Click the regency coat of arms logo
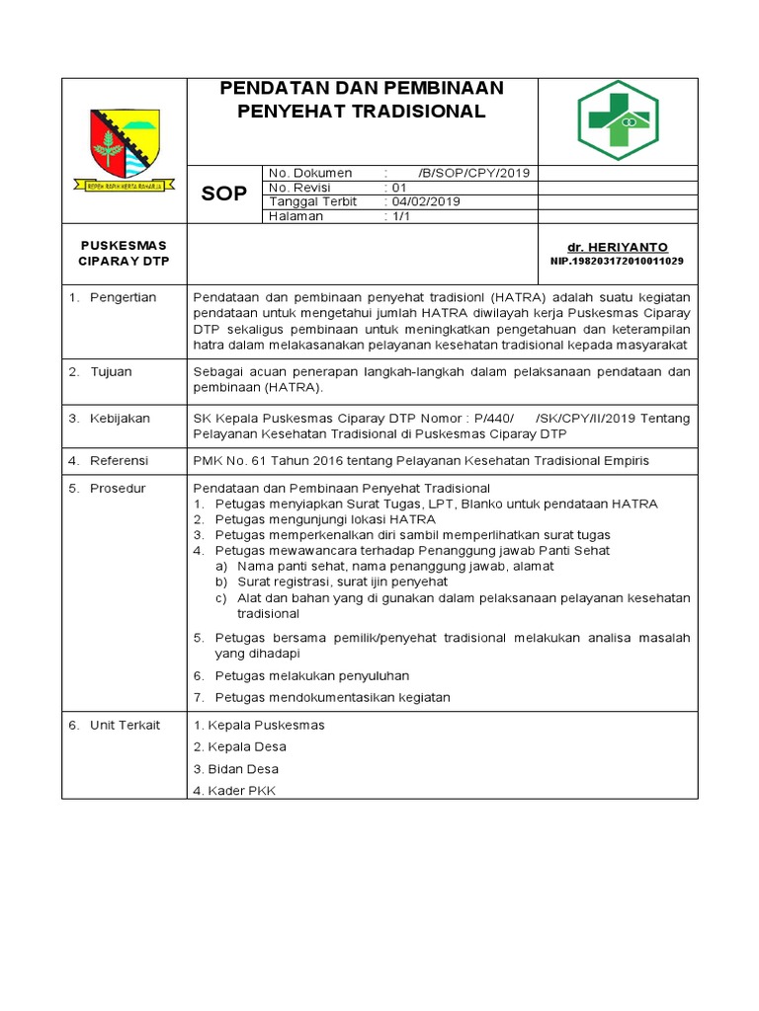124,145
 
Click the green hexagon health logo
619,120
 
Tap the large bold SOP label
224,194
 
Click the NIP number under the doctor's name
617,261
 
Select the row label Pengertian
123,297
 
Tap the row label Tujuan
111,371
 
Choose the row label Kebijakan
120,418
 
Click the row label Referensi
119,460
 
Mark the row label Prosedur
117,488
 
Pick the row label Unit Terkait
125,725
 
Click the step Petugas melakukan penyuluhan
311,675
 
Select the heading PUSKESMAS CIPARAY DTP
124,253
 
